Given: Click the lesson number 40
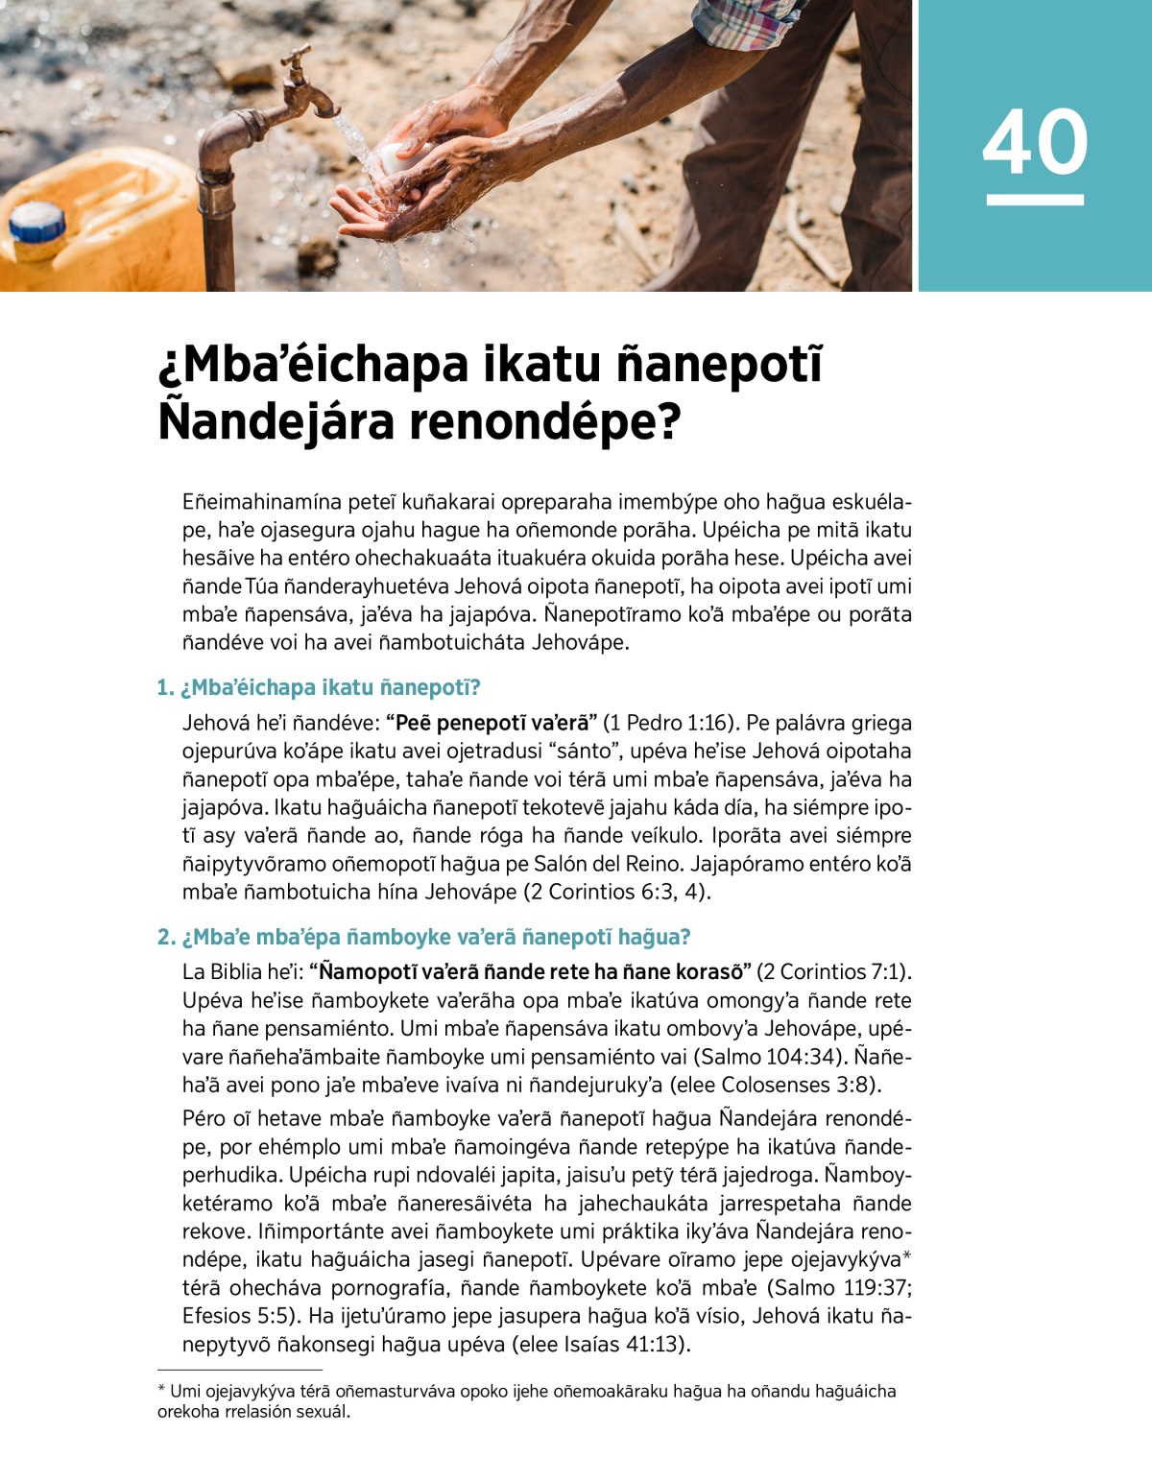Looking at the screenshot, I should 1034,141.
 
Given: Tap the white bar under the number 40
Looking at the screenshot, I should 1034,200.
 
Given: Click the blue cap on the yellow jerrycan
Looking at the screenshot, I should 36,225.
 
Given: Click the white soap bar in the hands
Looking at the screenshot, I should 396,159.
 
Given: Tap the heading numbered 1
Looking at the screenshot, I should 319,687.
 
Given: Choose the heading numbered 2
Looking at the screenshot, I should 423,937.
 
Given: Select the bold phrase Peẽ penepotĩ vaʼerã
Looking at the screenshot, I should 496,723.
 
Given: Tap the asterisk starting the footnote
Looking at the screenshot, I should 161,1391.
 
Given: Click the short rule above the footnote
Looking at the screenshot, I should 240,1370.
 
